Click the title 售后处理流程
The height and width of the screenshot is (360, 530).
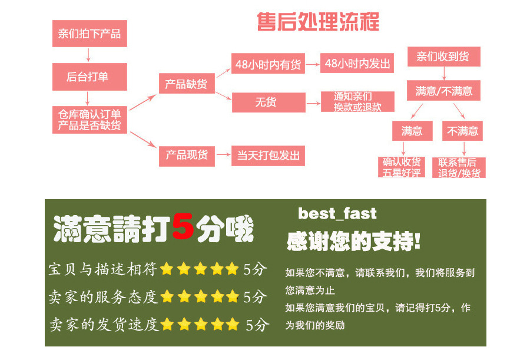click(x=318, y=22)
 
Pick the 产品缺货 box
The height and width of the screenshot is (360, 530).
click(x=187, y=84)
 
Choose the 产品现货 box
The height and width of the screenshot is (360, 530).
click(x=187, y=156)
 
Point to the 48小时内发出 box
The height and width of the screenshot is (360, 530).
click(x=358, y=64)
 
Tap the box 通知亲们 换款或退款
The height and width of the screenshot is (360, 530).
click(x=357, y=102)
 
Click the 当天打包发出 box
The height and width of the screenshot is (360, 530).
click(x=269, y=156)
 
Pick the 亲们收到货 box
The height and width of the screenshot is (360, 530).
click(x=443, y=57)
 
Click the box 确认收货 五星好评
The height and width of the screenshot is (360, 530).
click(x=402, y=167)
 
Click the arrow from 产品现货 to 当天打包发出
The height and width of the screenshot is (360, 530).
click(x=223, y=156)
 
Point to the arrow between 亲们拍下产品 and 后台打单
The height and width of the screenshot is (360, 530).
click(x=89, y=55)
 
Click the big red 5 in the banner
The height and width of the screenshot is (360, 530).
click(x=184, y=229)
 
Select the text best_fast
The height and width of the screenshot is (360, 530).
click(x=337, y=213)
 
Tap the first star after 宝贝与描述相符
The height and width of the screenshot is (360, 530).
click(x=167, y=270)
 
